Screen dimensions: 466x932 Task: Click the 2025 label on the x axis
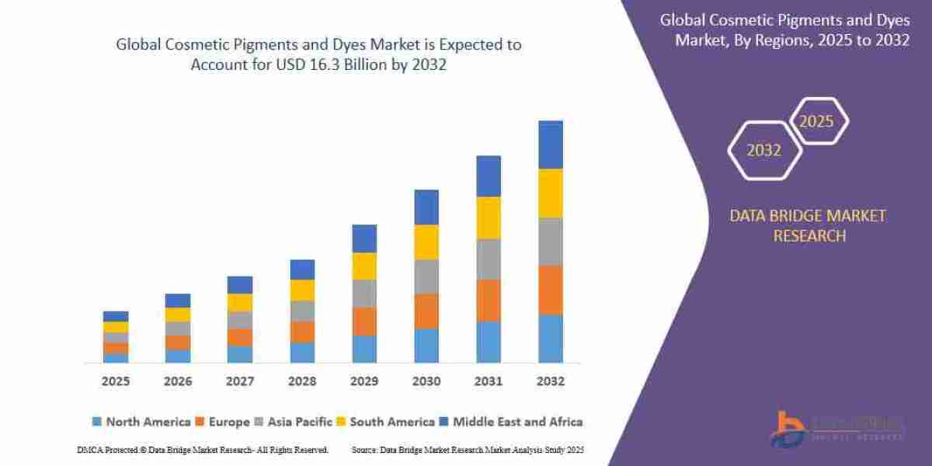(115, 381)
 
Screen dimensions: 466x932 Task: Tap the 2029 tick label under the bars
(364, 381)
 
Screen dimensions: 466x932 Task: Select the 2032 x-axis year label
(550, 381)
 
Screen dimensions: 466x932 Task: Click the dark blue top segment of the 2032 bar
(550, 144)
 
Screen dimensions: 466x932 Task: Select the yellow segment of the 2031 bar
(489, 217)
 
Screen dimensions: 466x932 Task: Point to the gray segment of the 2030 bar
(426, 276)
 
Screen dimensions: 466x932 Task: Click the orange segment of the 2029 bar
(364, 321)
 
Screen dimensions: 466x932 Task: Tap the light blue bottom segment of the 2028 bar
(302, 352)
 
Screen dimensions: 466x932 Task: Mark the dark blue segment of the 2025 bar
(115, 316)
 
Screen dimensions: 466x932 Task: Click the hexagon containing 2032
(763, 150)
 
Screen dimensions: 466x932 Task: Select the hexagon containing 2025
(817, 121)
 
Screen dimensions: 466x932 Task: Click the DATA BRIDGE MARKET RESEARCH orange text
(808, 225)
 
